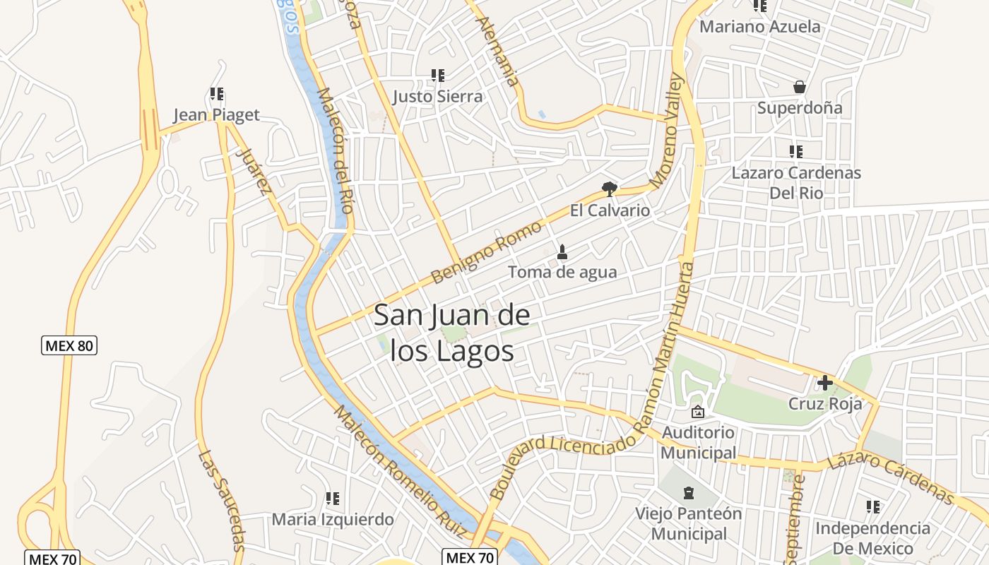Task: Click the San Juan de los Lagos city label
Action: [451, 332]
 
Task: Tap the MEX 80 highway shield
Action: [69, 346]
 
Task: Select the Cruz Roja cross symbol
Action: [824, 383]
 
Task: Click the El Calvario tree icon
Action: [609, 189]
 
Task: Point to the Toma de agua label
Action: [562, 272]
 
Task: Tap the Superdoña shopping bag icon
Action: [800, 87]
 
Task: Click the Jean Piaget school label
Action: [216, 115]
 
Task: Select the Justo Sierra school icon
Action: [438, 75]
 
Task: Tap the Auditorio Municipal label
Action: [698, 442]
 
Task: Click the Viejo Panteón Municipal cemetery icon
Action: [689, 492]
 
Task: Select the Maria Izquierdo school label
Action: [333, 520]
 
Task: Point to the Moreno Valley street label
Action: [668, 131]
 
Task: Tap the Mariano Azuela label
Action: [760, 27]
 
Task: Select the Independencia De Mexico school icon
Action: [873, 506]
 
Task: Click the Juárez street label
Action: [254, 171]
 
